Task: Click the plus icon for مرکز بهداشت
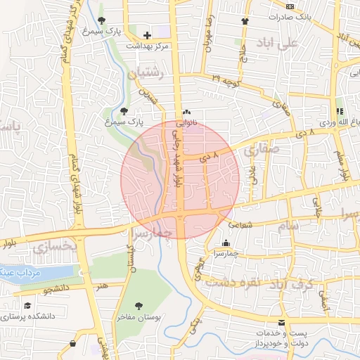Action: pyautogui.click(x=147, y=35)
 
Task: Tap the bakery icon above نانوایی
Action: pyautogui.click(x=186, y=112)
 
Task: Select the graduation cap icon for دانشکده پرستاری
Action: pyautogui.click(x=27, y=306)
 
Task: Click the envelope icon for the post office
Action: pyautogui.click(x=282, y=323)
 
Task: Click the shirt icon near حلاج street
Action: pyautogui.click(x=245, y=20)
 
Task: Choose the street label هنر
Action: pyautogui.click(x=103, y=285)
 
